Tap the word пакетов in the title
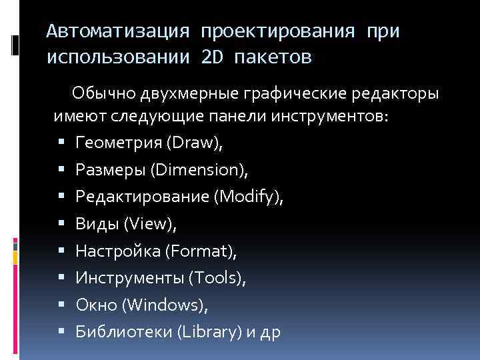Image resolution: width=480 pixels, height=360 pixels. [x=275, y=57]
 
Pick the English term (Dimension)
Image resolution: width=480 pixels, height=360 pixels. [x=199, y=170]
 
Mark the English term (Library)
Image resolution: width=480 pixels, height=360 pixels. [x=206, y=332]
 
